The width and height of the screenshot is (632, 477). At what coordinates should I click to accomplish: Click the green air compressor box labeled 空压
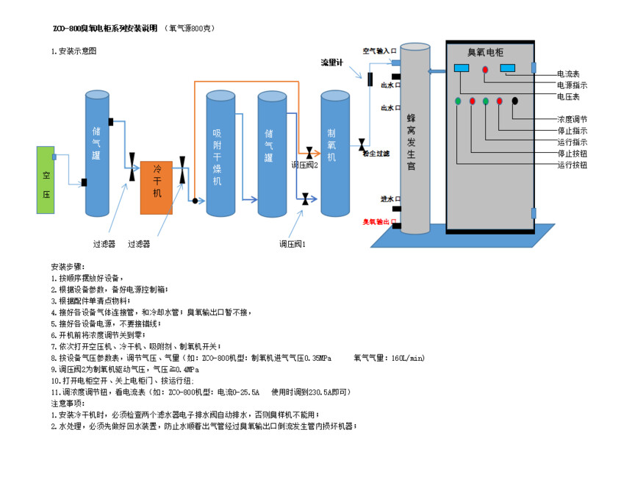tap(46, 180)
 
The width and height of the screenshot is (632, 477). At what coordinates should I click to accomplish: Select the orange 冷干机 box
tap(156, 187)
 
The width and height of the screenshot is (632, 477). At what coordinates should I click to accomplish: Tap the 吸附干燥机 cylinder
tap(218, 154)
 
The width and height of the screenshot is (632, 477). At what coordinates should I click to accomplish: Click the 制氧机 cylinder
tap(334, 154)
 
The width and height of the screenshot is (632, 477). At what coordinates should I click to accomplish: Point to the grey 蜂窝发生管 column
tap(414, 140)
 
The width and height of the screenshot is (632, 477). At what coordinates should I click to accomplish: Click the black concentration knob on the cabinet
tap(515, 101)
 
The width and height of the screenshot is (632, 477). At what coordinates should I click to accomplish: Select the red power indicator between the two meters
tap(485, 69)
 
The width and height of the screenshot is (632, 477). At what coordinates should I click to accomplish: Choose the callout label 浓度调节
tap(572, 119)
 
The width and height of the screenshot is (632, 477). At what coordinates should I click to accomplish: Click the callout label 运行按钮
tap(572, 165)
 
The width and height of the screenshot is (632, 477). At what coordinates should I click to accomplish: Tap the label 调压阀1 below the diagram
tap(292, 243)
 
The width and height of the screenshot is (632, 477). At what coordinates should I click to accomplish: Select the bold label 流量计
tap(332, 62)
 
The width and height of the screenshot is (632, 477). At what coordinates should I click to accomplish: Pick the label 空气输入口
tap(379, 51)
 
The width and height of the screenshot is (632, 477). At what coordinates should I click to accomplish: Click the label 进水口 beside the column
tap(389, 199)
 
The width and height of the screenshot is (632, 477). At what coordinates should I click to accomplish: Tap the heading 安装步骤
tap(68, 266)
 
